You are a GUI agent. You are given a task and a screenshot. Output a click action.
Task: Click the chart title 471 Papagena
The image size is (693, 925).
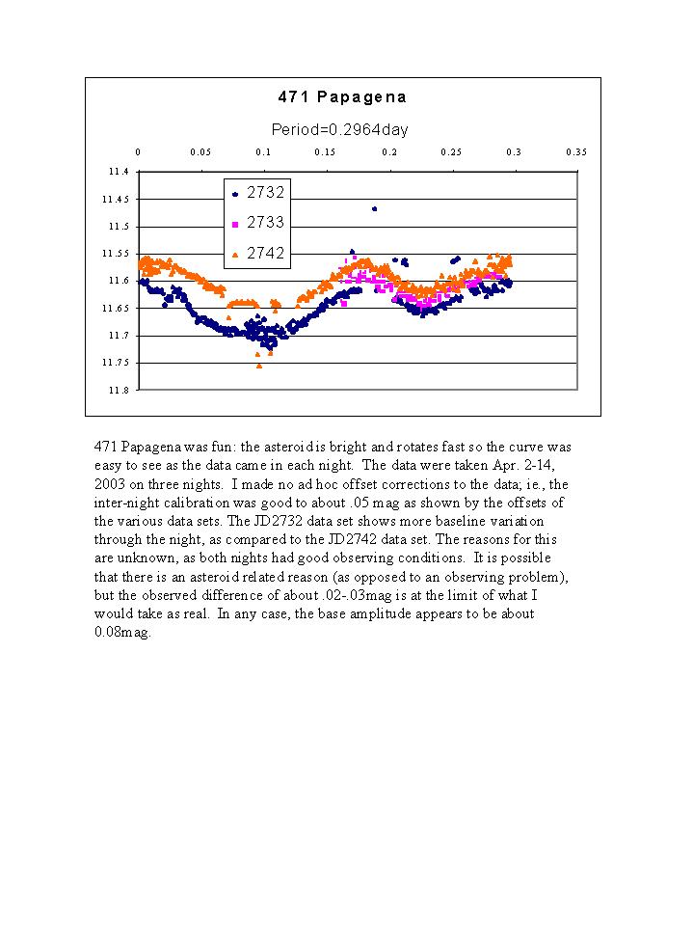point(342,96)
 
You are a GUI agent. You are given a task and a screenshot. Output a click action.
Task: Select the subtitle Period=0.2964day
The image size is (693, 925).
point(339,130)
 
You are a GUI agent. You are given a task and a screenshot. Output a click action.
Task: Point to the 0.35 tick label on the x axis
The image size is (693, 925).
point(576,152)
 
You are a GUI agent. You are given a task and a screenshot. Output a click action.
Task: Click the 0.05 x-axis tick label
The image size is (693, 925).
point(200,152)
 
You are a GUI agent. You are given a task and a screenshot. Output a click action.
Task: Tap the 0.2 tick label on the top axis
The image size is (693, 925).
point(389,152)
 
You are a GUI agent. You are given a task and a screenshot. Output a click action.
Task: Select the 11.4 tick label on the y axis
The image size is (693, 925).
point(119,172)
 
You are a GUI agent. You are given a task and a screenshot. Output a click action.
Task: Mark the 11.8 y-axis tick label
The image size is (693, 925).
point(119,390)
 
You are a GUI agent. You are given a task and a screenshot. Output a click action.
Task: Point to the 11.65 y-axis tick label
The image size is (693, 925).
point(116,308)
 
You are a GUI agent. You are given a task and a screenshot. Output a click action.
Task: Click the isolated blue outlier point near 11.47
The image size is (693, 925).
point(374,209)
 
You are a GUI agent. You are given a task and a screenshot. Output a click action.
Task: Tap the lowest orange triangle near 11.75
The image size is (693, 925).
point(259,367)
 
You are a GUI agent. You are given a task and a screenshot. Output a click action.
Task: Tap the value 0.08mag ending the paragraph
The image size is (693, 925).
point(122,633)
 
